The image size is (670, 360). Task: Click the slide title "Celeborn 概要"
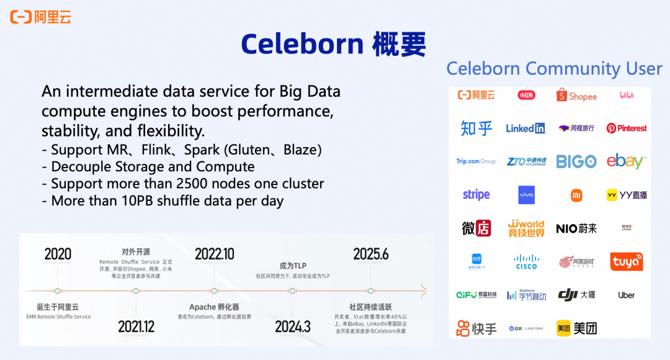[x=334, y=43]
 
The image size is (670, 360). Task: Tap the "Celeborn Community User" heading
[x=554, y=68]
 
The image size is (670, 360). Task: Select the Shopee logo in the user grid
[x=576, y=96]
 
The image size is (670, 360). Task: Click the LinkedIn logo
[x=525, y=128]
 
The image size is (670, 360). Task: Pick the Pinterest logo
[x=626, y=128]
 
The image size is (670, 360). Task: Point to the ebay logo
[x=626, y=161]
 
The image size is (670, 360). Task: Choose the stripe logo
[x=476, y=195]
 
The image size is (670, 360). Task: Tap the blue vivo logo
[x=526, y=195]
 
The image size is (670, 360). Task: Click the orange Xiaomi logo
[x=576, y=196]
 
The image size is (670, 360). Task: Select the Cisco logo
[x=526, y=262]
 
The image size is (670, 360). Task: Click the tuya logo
[x=626, y=262]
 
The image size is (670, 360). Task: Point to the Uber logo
[x=626, y=295]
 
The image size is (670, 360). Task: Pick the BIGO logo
[x=576, y=161]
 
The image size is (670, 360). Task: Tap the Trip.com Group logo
[x=476, y=161]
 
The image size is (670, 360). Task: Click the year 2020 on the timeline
[x=58, y=254]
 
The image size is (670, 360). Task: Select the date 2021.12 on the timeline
[x=136, y=326]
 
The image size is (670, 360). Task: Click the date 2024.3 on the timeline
[x=292, y=326]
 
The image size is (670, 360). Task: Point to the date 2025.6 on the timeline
[x=371, y=254]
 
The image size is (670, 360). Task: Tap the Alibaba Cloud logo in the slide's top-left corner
[x=41, y=17]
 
